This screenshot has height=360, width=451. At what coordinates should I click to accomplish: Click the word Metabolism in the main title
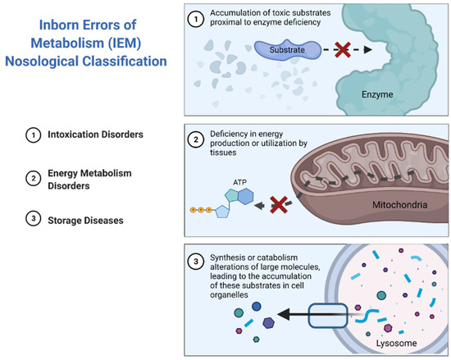[x=80, y=42]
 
